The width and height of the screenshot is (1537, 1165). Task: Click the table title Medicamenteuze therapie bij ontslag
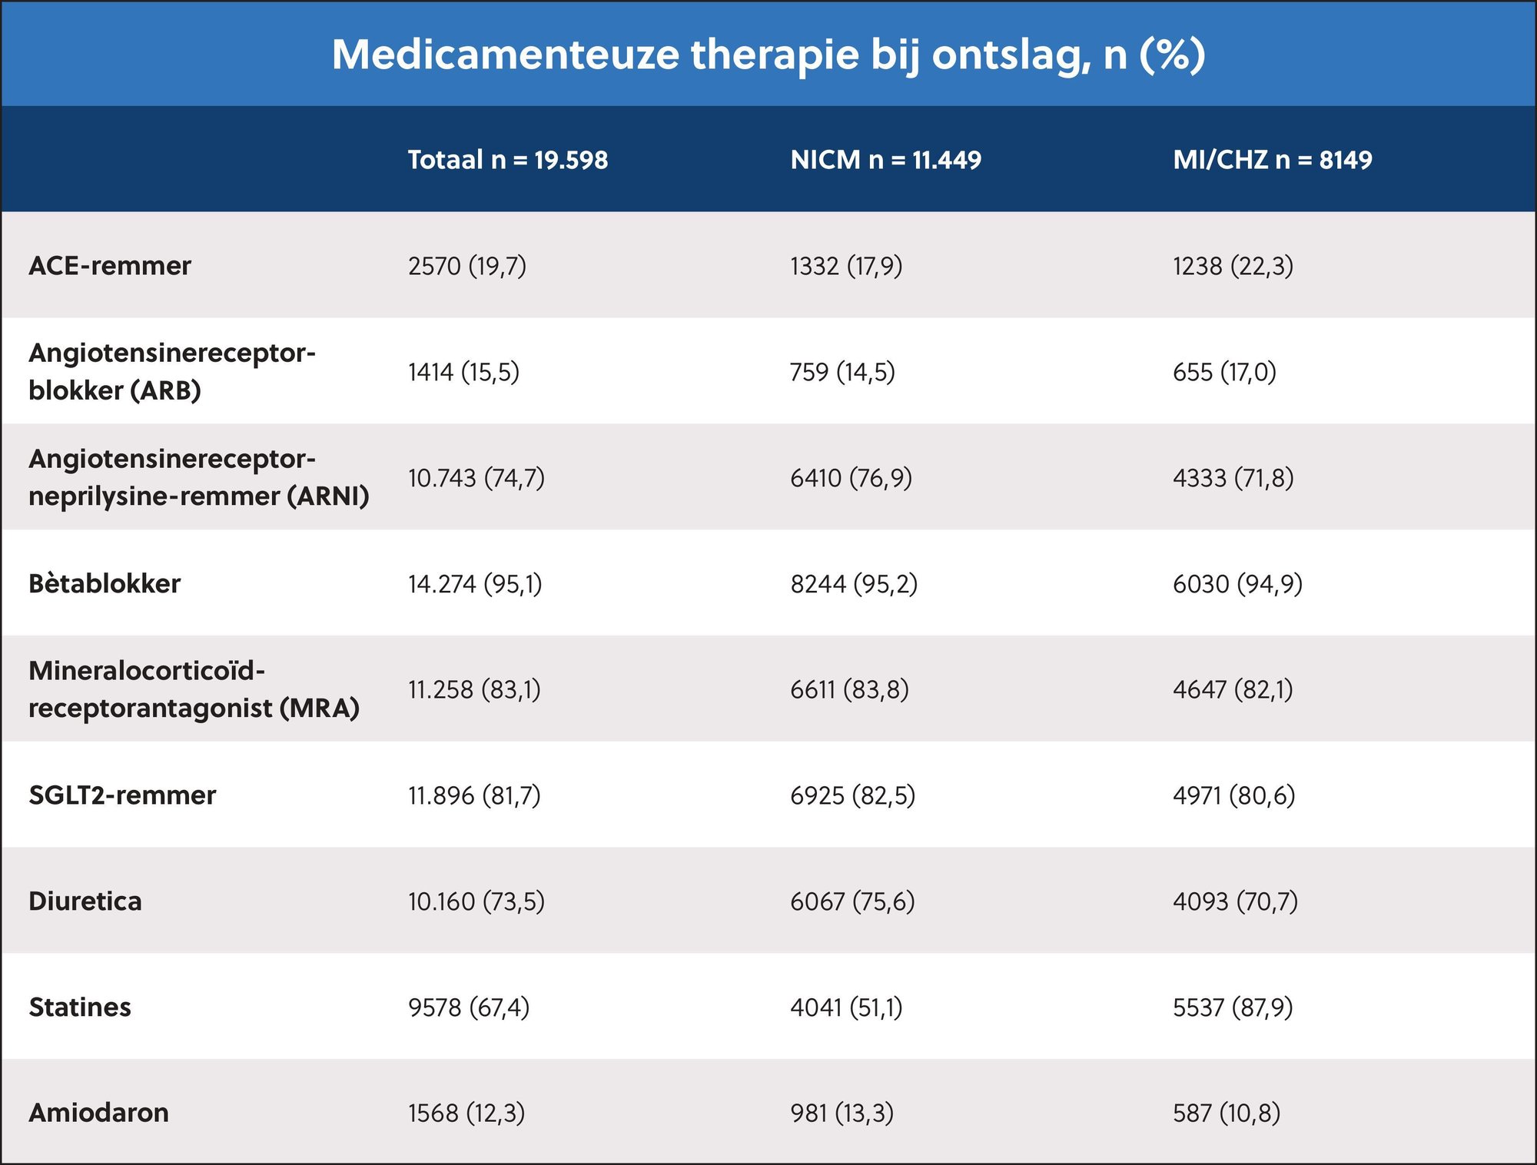click(768, 55)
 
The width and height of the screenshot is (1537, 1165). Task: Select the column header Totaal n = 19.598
click(507, 160)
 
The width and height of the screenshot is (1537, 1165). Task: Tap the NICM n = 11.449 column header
click(885, 160)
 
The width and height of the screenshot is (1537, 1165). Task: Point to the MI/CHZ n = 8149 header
click(1272, 160)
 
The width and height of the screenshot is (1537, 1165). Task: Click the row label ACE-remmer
click(110, 266)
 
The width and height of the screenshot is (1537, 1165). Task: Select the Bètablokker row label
click(105, 584)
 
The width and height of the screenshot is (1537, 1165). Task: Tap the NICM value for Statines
click(846, 1007)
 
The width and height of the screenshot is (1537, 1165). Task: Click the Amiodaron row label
click(98, 1113)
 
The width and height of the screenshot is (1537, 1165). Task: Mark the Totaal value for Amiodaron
click(466, 1113)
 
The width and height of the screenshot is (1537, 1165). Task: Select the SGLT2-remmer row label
click(122, 795)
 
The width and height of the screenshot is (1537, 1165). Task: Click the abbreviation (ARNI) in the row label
click(328, 496)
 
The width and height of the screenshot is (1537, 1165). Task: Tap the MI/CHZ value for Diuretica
click(1235, 901)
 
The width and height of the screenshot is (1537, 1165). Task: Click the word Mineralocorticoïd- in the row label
click(147, 671)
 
